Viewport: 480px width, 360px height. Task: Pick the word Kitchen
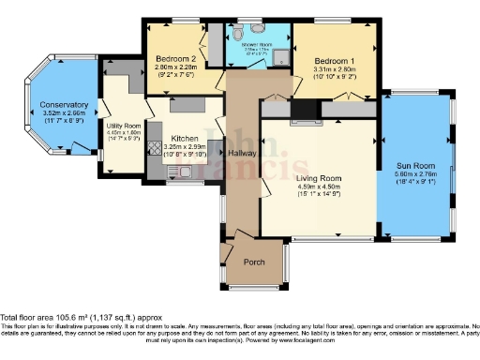point(184,137)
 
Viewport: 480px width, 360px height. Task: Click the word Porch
point(253,263)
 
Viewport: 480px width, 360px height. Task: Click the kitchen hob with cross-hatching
point(155,147)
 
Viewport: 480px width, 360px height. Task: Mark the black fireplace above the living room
point(305,112)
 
